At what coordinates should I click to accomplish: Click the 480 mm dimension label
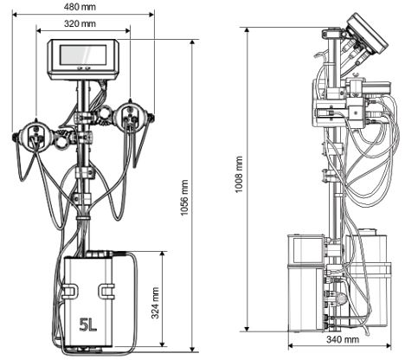[x=80, y=7]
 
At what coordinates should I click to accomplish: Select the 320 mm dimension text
[x=80, y=23]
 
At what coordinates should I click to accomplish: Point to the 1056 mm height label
[x=184, y=197]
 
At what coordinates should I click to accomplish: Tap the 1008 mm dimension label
[x=239, y=175]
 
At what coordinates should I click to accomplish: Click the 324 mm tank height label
[x=155, y=303]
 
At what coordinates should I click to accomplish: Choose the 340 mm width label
[x=343, y=339]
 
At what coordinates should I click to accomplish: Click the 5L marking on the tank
[x=88, y=325]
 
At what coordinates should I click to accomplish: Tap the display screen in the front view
[x=83, y=55]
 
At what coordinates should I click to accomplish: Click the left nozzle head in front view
[x=35, y=137]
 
